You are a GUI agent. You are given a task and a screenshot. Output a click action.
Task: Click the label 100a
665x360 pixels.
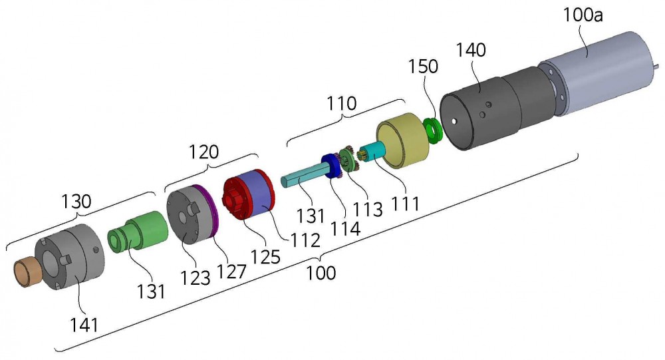tap(583, 16)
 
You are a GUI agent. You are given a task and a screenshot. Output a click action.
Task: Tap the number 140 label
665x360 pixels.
tap(470, 50)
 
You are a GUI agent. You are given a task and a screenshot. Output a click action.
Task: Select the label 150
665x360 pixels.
tap(423, 67)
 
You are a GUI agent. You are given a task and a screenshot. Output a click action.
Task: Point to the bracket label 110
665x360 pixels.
tap(341, 104)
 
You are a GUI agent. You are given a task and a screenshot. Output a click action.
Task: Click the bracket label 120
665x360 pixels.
tap(203, 152)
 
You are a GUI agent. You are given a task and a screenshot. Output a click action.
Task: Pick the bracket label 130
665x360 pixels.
tap(76, 201)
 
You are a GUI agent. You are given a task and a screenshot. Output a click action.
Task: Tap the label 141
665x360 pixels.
tap(84, 325)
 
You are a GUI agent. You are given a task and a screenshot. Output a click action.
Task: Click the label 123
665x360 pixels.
tap(195, 278)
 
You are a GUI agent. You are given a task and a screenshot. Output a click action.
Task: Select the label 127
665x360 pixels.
tap(231, 271)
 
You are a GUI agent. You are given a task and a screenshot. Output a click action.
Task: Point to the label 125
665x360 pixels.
tap(265, 256)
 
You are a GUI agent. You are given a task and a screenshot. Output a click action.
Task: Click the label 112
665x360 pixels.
tap(305, 240)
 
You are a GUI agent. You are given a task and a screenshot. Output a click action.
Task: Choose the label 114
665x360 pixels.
tap(345, 228)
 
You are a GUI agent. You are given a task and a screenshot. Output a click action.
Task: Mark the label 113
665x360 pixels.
tap(368, 209)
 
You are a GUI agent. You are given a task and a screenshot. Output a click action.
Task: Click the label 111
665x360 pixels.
tap(406, 204)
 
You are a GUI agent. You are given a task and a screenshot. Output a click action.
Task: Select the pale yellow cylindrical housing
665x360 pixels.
tap(401, 141)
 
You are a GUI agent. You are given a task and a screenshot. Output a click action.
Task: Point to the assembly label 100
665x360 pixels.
tap(321, 273)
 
